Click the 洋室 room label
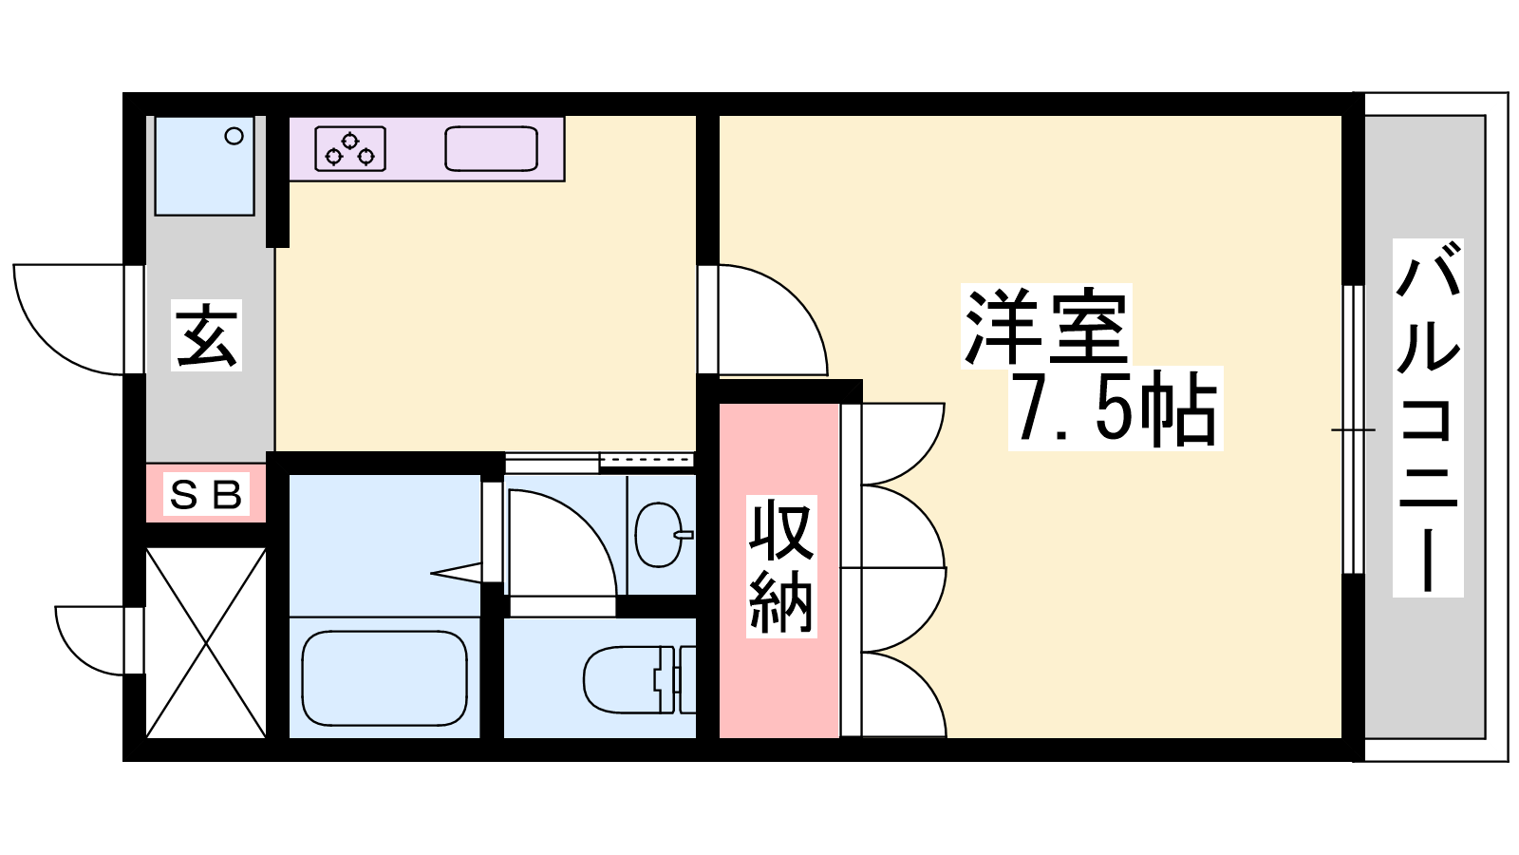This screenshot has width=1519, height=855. point(1046,327)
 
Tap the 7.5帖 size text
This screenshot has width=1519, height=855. point(1116,408)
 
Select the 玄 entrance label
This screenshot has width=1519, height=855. point(206,334)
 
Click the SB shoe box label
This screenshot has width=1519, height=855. point(206,494)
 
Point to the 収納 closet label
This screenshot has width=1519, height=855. point(781,566)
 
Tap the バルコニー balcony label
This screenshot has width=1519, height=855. point(1428,417)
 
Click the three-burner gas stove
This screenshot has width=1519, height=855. point(350,148)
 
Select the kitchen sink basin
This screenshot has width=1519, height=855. point(491,148)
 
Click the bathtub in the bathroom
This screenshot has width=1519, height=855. point(384,678)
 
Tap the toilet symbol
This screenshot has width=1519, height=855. point(639,679)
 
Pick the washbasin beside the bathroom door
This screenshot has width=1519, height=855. point(661,535)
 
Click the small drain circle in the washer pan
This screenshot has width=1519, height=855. point(234,137)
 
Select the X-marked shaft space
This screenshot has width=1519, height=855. point(206,642)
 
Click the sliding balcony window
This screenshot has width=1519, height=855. point(1354,429)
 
